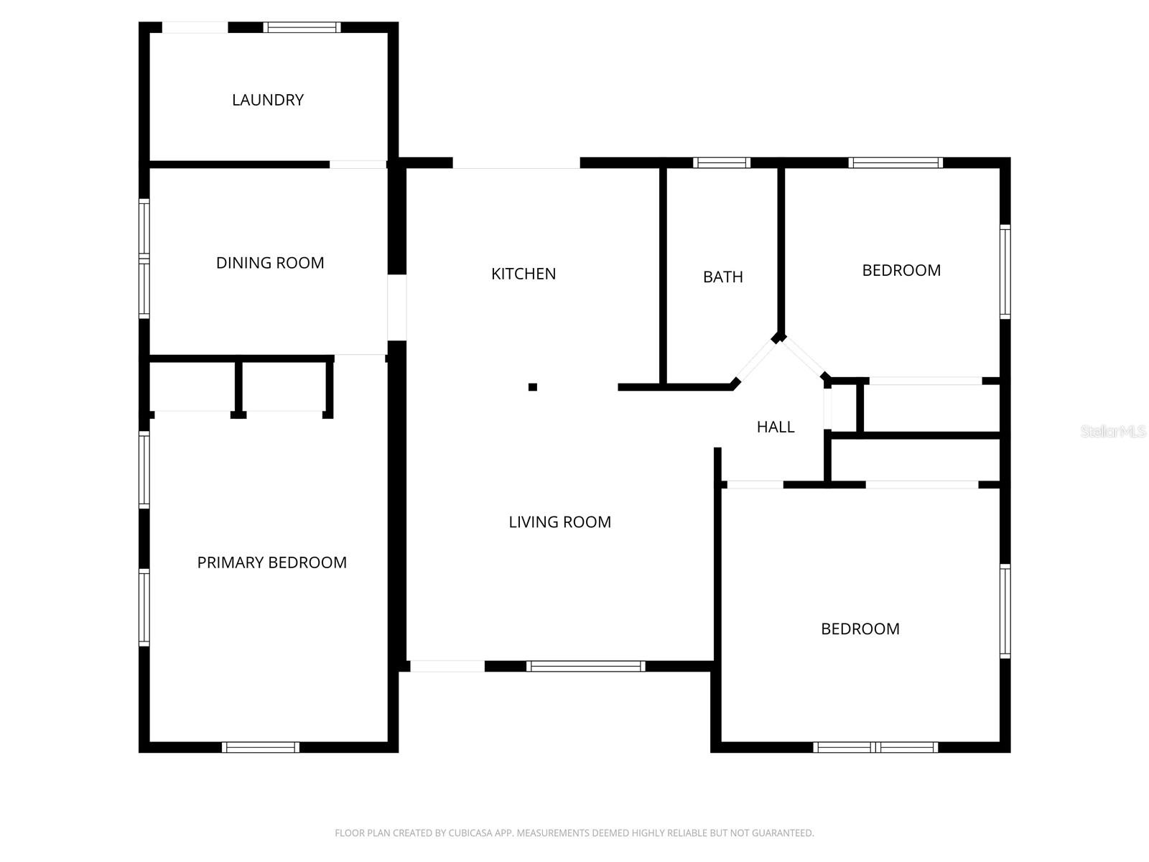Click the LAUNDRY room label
tap(268, 100)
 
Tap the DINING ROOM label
tap(270, 263)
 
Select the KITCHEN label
tap(524, 274)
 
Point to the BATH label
tap(722, 277)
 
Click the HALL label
tap(776, 427)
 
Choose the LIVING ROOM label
tap(559, 522)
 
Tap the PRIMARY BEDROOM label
tap(271, 562)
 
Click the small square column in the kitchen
tap(533, 387)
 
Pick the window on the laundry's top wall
tap(302, 28)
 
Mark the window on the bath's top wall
tap(722, 163)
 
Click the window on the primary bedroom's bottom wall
tap(261, 747)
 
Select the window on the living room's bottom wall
tap(586, 667)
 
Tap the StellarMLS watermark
tap(1112, 431)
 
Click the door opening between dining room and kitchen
tap(397, 307)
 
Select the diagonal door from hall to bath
tap(755, 361)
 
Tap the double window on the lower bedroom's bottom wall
tap(875, 747)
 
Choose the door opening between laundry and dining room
tap(358, 164)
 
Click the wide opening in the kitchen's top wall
tap(516, 163)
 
